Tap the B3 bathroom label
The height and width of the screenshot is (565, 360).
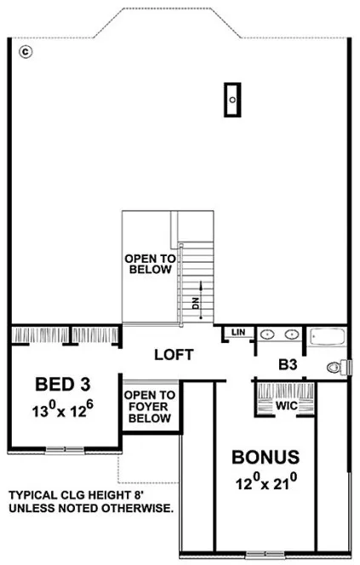[288, 366]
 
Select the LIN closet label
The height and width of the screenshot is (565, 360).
[238, 331]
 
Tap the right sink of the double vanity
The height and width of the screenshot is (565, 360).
[291, 334]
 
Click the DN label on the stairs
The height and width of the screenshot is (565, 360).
[194, 303]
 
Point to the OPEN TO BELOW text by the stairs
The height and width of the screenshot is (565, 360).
[149, 264]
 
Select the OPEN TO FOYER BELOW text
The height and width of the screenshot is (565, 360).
[150, 407]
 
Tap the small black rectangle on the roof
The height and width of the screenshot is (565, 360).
[231, 98]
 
